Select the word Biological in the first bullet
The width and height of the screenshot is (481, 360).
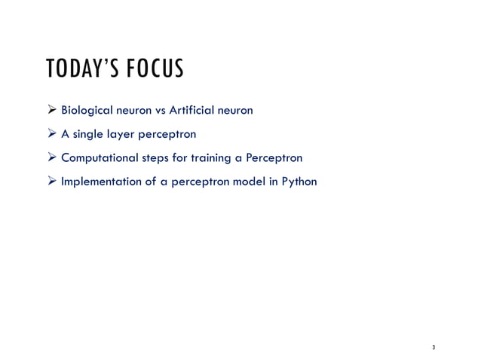pos(86,112)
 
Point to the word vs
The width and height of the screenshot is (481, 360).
pos(160,112)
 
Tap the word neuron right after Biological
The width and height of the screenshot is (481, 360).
pos(133,112)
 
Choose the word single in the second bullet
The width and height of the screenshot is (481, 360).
pos(88,136)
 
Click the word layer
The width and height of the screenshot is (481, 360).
pos(122,136)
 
